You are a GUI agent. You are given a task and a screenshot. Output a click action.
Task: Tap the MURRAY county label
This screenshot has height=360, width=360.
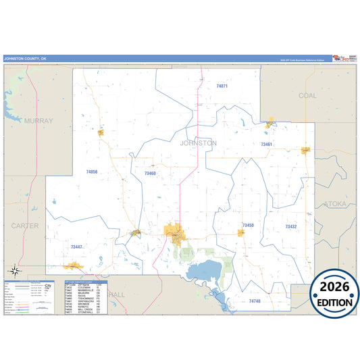click(x=37, y=120)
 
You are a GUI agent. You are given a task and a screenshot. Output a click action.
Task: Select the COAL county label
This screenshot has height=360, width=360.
click(x=307, y=96)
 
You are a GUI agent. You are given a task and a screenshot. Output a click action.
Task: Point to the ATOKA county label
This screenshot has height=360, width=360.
click(x=334, y=203)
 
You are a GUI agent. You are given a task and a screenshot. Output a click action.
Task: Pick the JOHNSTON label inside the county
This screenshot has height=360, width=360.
click(x=199, y=143)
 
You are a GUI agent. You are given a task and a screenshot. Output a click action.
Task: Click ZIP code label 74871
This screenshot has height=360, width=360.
click(x=222, y=86)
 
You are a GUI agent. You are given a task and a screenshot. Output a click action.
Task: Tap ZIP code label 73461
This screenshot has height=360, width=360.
click(x=267, y=145)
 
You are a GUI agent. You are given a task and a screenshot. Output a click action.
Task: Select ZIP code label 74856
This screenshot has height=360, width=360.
click(x=92, y=172)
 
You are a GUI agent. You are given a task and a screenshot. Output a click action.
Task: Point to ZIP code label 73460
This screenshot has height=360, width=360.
click(x=150, y=174)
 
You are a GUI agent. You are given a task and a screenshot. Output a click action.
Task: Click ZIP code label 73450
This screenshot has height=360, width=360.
click(x=248, y=225)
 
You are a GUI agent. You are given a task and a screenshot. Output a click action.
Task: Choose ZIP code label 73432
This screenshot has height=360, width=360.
click(x=290, y=227)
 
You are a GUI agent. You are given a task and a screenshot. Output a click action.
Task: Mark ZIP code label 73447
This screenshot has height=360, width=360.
click(x=76, y=247)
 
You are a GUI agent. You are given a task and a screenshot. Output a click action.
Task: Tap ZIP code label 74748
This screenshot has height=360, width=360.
click(x=254, y=300)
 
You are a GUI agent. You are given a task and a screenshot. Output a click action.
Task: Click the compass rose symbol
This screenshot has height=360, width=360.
click(x=17, y=272)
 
